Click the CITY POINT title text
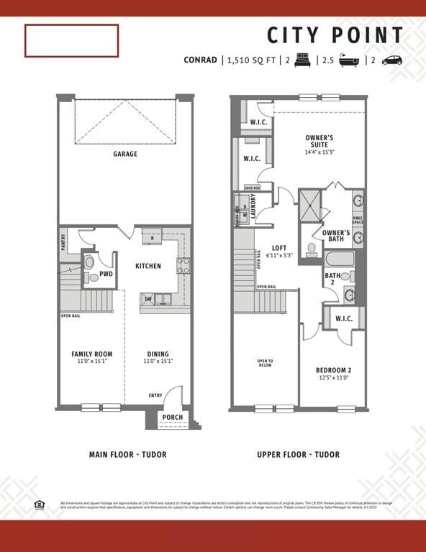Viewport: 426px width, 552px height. coord(335,35)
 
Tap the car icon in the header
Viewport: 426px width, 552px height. coord(392,60)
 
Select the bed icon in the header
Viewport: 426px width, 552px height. coord(302,60)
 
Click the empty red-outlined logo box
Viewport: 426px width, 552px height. coord(71,40)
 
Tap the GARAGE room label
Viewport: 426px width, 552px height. coord(124,154)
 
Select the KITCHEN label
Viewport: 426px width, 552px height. coord(148,266)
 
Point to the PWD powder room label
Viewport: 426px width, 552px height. coord(106,274)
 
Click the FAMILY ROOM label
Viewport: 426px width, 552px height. coord(91,354)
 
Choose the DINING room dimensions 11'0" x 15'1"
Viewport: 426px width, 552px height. coord(158,362)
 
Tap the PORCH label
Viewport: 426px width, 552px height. coord(172,418)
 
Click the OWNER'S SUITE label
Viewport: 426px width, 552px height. coord(319,141)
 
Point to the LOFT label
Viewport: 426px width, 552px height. coord(279,248)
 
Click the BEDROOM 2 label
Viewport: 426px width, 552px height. coord(333,370)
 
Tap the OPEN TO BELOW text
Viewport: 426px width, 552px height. coord(265,363)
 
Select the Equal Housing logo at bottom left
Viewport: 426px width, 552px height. coord(39,504)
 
